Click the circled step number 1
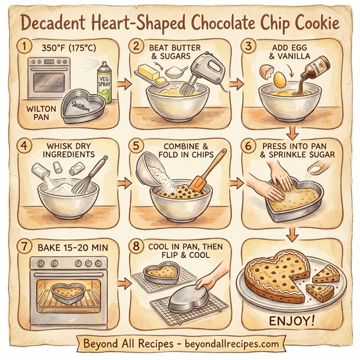click(x=25, y=46)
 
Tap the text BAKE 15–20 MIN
click(x=71, y=247)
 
